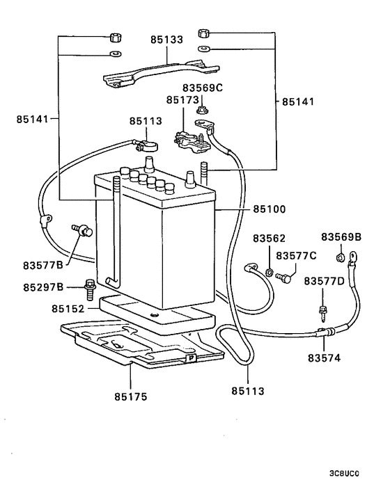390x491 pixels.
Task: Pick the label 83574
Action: point(323,359)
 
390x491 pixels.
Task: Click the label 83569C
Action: point(203,88)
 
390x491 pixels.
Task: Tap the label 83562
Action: point(269,238)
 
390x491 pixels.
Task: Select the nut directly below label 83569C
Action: point(203,108)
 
